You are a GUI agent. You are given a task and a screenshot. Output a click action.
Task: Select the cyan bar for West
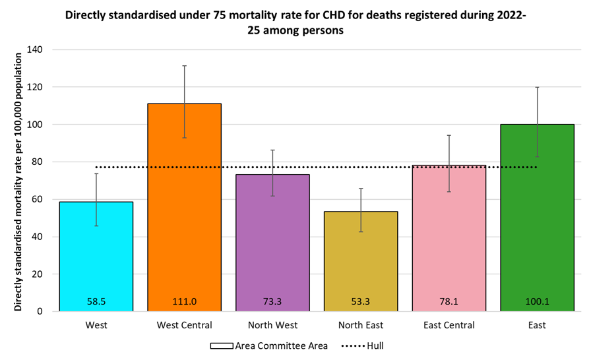(x=96, y=256)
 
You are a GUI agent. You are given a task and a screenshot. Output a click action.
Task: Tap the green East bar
(x=537, y=218)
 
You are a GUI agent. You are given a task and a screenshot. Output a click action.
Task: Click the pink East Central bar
(x=449, y=238)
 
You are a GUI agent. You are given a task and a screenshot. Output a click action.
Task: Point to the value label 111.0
(x=184, y=301)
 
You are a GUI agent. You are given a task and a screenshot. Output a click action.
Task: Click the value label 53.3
(x=361, y=301)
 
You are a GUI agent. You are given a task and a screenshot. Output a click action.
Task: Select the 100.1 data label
(x=537, y=301)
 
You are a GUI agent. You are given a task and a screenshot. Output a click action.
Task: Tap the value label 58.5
(x=96, y=301)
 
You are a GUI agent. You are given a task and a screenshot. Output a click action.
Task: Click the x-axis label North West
(x=272, y=325)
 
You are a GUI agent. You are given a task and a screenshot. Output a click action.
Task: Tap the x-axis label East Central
(x=449, y=325)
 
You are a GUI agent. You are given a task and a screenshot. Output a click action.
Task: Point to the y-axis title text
(x=19, y=180)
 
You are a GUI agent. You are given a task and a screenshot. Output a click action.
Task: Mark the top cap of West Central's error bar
(x=184, y=66)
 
